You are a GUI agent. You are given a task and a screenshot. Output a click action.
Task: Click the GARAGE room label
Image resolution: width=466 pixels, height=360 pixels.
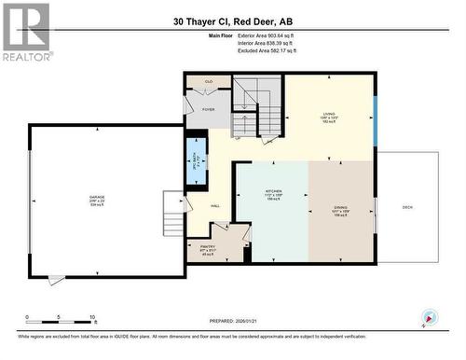[97, 198]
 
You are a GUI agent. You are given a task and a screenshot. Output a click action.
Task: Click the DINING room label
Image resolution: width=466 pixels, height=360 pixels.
[341, 211]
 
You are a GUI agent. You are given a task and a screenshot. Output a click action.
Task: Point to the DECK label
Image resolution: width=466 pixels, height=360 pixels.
[407, 207]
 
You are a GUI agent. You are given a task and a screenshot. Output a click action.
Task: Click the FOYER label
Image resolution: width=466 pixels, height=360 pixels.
[209, 109]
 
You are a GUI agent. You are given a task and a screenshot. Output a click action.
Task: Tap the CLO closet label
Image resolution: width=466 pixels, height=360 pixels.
[209, 82]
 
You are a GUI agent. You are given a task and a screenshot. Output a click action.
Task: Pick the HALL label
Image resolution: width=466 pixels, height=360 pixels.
[214, 206]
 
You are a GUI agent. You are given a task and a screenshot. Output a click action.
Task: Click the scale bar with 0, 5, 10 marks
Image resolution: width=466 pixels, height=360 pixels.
[61, 318]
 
